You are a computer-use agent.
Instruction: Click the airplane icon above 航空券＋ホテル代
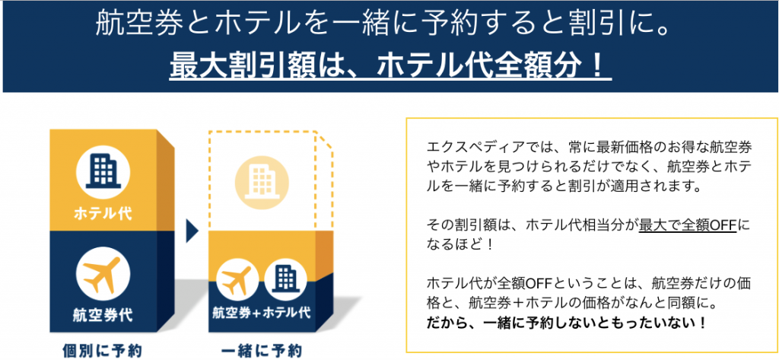click(x=237, y=279)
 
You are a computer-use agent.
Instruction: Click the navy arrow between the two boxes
click(x=192, y=231)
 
